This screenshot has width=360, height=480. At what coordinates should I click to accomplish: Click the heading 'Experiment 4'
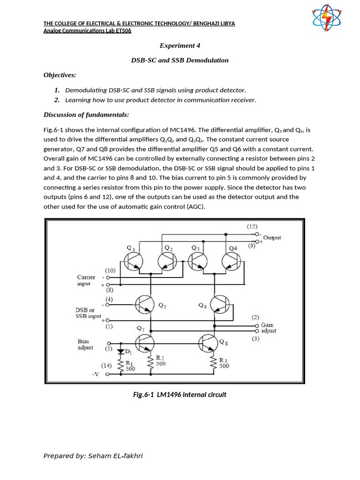[180, 45]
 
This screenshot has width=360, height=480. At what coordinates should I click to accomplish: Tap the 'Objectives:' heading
[60, 75]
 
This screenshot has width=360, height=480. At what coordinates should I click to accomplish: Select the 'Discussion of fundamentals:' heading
[86, 115]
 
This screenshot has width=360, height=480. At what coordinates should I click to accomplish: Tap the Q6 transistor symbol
[219, 305]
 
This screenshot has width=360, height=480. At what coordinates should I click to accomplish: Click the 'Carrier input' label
[86, 280]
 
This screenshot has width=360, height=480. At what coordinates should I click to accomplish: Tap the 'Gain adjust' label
[269, 328]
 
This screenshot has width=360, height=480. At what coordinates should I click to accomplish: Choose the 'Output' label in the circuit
[272, 238]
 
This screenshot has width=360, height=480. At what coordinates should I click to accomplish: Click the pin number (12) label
[253, 226]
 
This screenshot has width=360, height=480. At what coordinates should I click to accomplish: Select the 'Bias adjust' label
[86, 345]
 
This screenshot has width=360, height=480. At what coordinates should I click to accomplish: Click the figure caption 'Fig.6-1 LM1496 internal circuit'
[180, 395]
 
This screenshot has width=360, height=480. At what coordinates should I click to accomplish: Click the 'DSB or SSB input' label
[89, 313]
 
